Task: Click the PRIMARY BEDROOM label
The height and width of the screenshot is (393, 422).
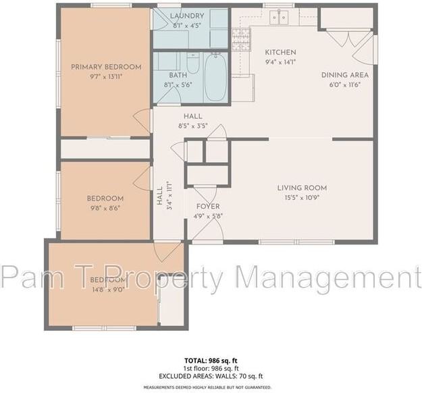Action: [106, 67]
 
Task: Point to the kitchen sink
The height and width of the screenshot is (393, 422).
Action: [275, 17]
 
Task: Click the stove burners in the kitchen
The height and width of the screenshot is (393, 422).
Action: [241, 41]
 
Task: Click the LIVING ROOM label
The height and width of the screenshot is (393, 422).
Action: [302, 188]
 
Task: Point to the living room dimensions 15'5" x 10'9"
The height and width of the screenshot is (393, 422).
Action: [302, 198]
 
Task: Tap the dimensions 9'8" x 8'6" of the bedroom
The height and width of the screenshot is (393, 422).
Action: [105, 208]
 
